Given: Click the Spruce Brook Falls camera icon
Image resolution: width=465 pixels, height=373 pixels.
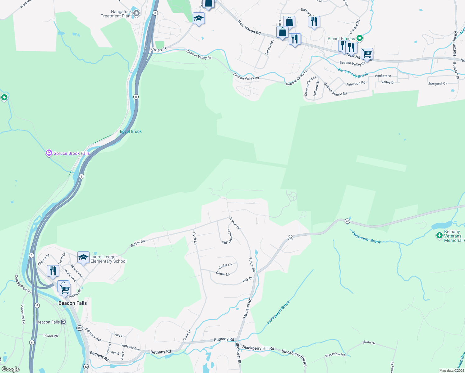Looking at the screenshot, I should click(49, 153).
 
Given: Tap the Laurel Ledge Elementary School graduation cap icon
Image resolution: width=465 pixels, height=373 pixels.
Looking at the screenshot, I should click(83, 257).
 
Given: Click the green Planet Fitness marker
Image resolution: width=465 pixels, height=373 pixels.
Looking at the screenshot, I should click(360, 38).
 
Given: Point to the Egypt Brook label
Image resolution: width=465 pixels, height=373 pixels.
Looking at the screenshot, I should click(131, 131).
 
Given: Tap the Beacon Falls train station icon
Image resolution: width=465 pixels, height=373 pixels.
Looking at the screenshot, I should click(63, 322).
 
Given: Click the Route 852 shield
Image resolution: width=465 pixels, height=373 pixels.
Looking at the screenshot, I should click(80, 328).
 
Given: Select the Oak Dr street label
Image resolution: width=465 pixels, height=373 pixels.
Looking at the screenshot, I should click(248, 280).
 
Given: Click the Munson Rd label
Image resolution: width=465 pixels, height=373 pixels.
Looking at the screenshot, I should click(247, 308).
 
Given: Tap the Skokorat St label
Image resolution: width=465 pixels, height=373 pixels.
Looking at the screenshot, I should click(238, 353).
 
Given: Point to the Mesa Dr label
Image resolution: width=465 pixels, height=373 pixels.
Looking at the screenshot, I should click(369, 342).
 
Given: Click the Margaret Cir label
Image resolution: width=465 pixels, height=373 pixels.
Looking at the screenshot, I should click(438, 84).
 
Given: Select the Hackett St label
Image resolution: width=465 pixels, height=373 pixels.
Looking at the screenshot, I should click(383, 76).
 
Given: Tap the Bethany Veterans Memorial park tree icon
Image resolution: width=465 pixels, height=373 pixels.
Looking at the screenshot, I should click(439, 236).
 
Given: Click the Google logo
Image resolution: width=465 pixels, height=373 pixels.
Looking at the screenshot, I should click(11, 369).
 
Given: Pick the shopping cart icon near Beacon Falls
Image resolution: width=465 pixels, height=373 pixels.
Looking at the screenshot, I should click(65, 289).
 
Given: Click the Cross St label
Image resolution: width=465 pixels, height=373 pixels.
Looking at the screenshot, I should click(159, 49).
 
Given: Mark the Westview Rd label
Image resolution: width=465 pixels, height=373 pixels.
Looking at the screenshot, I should click(335, 355).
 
